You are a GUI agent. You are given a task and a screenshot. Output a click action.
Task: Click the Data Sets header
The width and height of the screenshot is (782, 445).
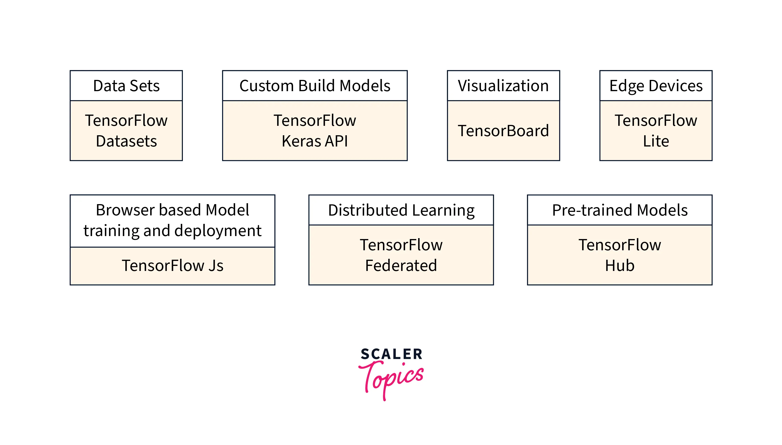point(126,86)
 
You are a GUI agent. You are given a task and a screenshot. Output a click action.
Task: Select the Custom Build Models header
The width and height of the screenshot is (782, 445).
point(315,86)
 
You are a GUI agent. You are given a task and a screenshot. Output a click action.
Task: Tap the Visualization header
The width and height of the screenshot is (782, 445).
point(503,86)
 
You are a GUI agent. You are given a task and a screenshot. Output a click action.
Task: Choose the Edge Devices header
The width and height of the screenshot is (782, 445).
point(655,86)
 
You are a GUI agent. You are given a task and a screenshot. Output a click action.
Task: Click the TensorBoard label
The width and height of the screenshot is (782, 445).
point(503,131)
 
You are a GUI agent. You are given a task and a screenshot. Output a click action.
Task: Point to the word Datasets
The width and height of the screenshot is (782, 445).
point(126,141)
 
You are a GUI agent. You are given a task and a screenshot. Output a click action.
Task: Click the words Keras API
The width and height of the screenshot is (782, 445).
point(315,141)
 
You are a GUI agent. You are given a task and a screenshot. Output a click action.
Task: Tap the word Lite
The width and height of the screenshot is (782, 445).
point(655,141)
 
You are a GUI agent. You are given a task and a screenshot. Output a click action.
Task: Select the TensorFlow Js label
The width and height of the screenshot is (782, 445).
point(172,265)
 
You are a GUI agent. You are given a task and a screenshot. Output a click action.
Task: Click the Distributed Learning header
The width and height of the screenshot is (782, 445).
point(401,210)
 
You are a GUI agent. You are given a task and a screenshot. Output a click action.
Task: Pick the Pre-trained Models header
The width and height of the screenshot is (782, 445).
point(619,210)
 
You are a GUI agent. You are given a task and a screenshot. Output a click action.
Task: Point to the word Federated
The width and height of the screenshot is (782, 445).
point(401,265)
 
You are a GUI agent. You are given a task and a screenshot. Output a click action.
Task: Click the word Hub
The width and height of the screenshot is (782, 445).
point(619,265)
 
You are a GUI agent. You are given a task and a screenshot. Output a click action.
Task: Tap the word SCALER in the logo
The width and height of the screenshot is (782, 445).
point(391,354)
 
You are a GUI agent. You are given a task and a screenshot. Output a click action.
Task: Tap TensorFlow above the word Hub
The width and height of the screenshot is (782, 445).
point(619,245)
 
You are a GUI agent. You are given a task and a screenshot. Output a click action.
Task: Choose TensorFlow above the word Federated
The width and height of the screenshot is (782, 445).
point(401,245)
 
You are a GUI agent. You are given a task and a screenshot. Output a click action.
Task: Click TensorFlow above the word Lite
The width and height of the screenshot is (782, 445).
point(655,120)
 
